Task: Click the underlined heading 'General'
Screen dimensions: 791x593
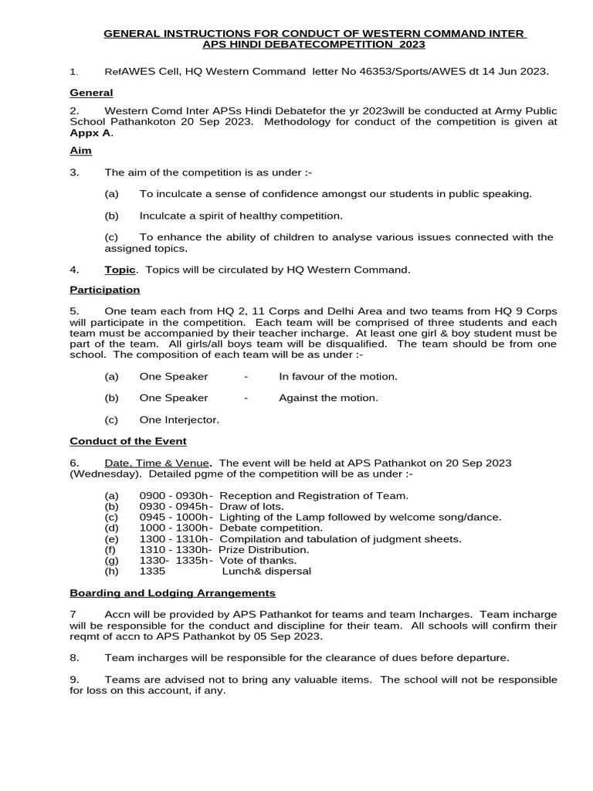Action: pos(91,93)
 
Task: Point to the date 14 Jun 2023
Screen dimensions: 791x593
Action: pos(517,71)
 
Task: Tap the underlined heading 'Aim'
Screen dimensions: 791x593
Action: pos(80,151)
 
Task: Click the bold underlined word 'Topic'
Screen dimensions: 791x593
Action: pos(121,270)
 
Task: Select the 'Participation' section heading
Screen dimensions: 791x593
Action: pos(105,290)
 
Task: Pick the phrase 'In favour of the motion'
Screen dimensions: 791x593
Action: pos(337,376)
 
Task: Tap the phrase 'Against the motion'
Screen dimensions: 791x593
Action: pos(328,398)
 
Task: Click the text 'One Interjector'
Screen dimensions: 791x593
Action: pos(179,419)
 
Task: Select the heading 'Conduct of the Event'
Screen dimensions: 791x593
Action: pos(128,441)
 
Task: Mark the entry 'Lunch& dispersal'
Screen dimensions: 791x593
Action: pos(266,571)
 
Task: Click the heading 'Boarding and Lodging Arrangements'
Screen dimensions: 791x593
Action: pos(172,592)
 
